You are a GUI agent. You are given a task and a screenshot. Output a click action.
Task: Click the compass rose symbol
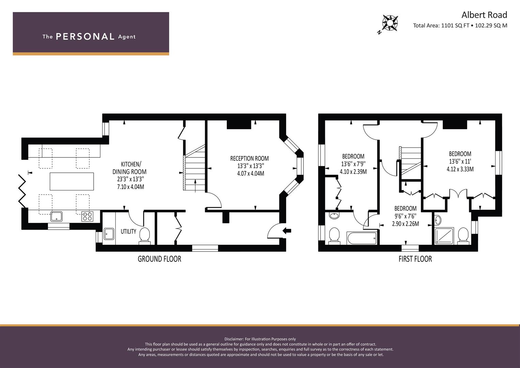point(390,23)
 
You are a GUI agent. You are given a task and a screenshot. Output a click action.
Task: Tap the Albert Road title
point(484,15)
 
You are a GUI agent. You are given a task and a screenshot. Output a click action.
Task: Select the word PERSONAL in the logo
point(85,36)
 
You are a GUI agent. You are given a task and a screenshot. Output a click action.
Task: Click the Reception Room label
point(249,158)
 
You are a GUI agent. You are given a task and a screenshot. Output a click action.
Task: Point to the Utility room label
point(128,231)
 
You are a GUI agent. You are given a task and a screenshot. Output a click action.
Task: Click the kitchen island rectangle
point(72,181)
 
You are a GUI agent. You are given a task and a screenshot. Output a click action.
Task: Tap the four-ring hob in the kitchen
point(87,216)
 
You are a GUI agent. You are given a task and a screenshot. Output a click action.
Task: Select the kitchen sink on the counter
point(56,216)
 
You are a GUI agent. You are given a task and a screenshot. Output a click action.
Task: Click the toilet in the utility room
point(144,235)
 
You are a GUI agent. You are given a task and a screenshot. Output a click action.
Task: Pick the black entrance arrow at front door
point(287,231)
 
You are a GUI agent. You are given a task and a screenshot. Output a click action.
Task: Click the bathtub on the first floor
point(362,238)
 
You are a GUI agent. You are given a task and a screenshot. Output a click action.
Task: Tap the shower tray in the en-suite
point(444,236)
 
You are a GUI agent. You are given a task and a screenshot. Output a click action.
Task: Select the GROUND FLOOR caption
point(159,259)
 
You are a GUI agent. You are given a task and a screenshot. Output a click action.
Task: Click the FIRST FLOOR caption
point(415,259)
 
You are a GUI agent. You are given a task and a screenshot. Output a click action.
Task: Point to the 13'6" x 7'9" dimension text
point(353,164)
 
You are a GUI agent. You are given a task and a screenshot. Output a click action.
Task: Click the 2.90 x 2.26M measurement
point(406,224)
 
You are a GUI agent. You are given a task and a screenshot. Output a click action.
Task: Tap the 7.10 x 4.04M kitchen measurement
point(130,187)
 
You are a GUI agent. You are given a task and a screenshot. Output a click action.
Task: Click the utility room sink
point(109,234)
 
